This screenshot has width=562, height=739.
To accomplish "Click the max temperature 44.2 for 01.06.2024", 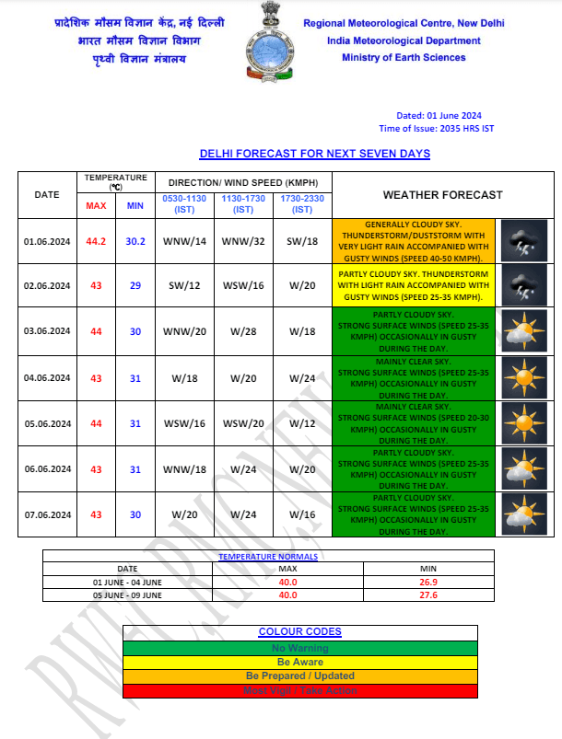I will [96, 242].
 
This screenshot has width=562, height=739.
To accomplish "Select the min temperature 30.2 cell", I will [135, 242].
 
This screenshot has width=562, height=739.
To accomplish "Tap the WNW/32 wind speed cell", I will [243, 242].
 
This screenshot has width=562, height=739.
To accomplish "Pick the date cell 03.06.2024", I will [47, 331].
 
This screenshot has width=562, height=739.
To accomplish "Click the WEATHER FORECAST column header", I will [442, 195].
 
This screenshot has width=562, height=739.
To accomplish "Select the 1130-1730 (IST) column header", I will [243, 204].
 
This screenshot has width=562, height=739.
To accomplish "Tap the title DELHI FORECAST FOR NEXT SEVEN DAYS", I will [314, 154].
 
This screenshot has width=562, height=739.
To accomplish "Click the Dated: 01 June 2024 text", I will [439, 115].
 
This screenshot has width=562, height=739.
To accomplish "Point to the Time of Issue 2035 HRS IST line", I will [436, 129].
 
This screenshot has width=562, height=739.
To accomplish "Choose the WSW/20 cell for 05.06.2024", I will [243, 423].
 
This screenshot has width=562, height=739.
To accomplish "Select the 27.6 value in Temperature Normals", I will [402, 595].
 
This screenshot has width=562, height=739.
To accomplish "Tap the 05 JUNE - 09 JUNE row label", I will [127, 595].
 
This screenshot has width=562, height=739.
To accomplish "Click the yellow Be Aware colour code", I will [299, 662].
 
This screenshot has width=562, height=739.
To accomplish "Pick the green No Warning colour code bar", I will [299, 648].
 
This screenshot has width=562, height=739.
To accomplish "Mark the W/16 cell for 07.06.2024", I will [302, 514].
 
